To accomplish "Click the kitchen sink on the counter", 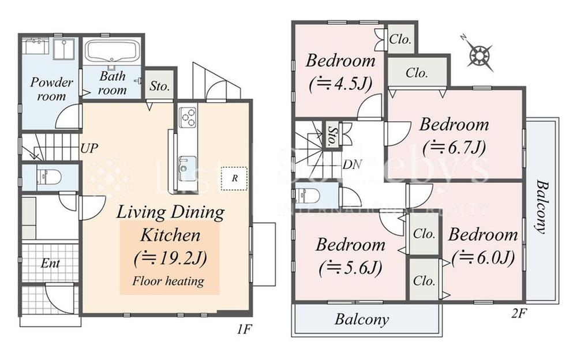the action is (188, 168).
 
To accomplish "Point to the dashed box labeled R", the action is (234, 178).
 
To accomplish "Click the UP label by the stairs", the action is (89, 148).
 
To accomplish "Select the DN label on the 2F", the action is (352, 164).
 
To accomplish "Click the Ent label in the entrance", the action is (50, 263).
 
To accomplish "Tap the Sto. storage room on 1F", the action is (159, 86).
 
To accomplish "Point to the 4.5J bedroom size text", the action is (340, 84).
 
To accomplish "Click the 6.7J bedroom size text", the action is (454, 147).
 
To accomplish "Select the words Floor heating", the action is (168, 281).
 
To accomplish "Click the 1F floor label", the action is (243, 329).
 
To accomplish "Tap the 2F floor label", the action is (519, 313).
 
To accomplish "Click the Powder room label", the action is (51, 89).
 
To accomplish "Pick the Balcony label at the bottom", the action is (362, 319).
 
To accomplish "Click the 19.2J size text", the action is (170, 258).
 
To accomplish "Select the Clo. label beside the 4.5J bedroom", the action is (400, 39).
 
